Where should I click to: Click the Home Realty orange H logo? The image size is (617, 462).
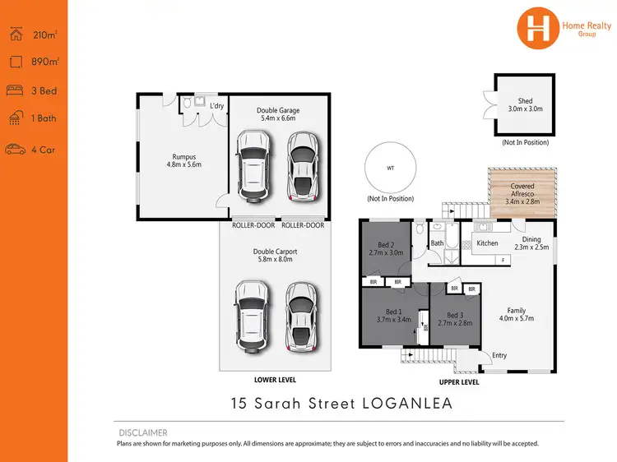(x=537, y=26)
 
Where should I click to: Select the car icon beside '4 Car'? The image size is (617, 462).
(x=15, y=150)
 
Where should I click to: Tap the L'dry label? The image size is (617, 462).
(x=216, y=107)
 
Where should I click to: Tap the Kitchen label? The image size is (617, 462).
(x=487, y=243)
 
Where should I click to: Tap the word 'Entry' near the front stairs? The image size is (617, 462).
(x=499, y=355)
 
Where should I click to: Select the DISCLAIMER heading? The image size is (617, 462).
(x=142, y=432)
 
